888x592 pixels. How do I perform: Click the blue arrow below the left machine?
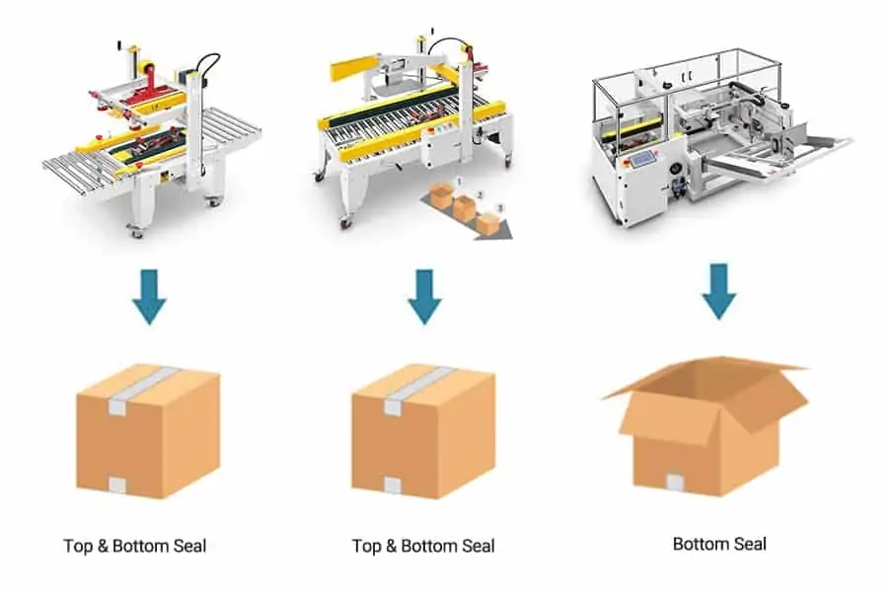pos(150,296)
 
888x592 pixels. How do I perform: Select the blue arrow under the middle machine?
pos(424,296)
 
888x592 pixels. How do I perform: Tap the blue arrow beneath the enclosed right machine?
pos(718,291)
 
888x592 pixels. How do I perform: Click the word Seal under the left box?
pos(189,546)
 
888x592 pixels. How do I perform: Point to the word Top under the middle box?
pos(366,546)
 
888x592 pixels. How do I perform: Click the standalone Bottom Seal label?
pos(719,544)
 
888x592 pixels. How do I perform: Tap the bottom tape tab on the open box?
pos(675,482)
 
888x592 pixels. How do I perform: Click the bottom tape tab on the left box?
pos(117,484)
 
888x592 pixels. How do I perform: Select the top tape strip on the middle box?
pos(420,388)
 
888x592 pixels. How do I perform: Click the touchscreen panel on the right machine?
pos(640,159)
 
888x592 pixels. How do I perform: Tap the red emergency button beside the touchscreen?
pos(626,164)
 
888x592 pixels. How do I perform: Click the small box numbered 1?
pos(441,195)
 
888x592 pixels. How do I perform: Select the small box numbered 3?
pos(487,223)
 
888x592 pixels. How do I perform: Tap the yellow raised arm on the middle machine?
pos(353,68)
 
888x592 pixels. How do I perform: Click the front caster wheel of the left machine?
pos(136,231)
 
